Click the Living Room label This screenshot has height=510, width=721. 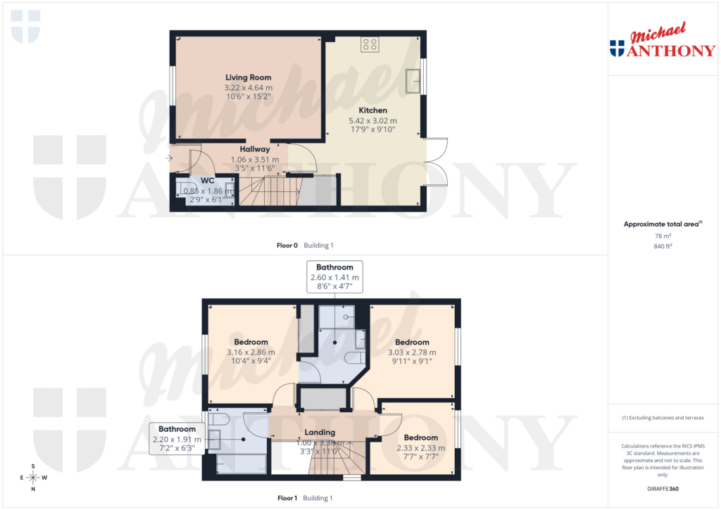click(248, 77)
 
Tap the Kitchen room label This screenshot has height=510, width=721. click(372, 110)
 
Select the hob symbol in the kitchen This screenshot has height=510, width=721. click(370, 45)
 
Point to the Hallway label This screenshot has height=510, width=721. click(254, 149)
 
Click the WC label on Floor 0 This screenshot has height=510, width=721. click(207, 181)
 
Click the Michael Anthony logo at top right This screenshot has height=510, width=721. click(662, 42)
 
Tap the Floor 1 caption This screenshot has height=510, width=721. click(287, 498)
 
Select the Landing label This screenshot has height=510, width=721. click(320, 432)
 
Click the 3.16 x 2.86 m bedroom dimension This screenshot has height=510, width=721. click(251, 352)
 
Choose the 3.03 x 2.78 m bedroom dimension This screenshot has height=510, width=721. click(412, 352)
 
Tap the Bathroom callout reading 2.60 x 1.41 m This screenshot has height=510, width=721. click(334, 277)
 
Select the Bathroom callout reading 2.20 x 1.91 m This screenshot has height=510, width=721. click(177, 439)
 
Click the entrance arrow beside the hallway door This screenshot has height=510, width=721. click(169, 158)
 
